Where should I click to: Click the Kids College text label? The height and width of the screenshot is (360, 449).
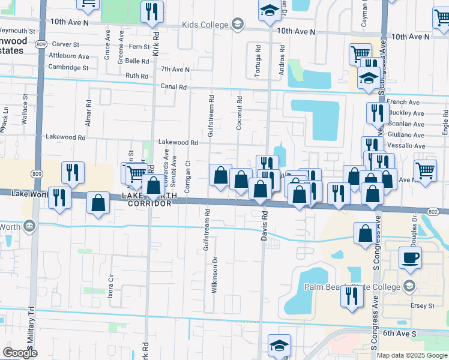coord(211,25)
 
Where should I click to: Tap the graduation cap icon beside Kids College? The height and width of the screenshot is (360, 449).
coord(238,25)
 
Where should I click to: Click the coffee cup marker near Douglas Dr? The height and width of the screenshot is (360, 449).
coord(410,258)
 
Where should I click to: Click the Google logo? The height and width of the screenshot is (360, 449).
coord(20,353)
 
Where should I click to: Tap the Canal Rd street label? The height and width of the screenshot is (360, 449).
coord(174,87)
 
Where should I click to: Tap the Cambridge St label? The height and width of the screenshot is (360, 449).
coord(69,68)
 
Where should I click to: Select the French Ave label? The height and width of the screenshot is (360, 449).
coord(403,103)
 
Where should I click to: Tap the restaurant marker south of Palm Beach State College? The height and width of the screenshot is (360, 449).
coord(352,296)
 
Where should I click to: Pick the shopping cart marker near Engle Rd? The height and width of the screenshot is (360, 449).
coord(425,169)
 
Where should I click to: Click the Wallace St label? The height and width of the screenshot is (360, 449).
coord(26,109)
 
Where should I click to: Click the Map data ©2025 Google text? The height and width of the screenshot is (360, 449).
coord(412,355)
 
